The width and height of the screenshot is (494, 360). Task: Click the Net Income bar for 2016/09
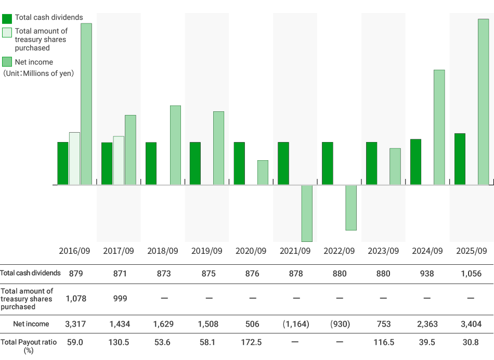[x=86, y=104]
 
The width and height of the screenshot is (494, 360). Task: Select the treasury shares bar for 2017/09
[x=119, y=160]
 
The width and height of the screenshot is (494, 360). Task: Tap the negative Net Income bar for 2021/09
[x=307, y=213]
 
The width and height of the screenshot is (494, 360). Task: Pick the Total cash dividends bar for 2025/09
[x=460, y=159]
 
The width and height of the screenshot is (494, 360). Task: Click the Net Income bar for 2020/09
[x=263, y=173]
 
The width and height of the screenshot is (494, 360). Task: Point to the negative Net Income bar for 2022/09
[x=351, y=208]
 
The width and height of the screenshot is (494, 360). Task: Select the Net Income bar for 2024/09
[x=439, y=127]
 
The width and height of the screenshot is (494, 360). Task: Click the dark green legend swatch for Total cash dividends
[x=7, y=18]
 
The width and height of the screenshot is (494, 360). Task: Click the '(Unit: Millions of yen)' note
[x=38, y=73]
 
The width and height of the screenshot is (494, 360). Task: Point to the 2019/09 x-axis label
[x=207, y=251]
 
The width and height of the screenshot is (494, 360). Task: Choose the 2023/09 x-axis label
[x=383, y=251]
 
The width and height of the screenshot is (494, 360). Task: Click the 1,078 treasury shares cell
[x=75, y=299]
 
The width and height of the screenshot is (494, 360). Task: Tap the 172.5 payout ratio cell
[x=251, y=342]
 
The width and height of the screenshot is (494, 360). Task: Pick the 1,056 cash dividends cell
[x=470, y=273]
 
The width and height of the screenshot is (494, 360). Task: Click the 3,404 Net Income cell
[x=470, y=324]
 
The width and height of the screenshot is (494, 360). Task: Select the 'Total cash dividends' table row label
[x=30, y=273]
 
